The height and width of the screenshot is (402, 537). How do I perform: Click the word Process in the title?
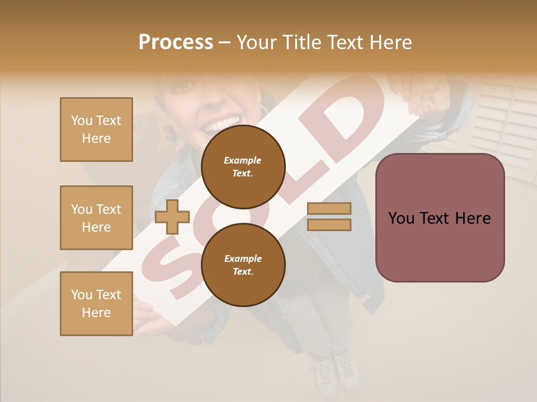(176, 42)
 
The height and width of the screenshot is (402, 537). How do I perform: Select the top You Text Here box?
(96, 130)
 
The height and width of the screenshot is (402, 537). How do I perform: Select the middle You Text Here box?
(96, 218)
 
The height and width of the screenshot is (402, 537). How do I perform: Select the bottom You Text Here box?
(96, 304)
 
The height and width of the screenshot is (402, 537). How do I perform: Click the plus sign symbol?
(172, 217)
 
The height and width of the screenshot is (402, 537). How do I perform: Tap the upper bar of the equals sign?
(329, 208)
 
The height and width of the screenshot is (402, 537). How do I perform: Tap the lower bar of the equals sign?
(329, 225)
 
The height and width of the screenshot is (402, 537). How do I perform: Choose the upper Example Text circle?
(243, 166)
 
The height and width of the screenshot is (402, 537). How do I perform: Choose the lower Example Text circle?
(243, 265)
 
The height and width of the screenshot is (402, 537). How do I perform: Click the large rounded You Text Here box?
(440, 218)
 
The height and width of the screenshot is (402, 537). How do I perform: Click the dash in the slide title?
(224, 42)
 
